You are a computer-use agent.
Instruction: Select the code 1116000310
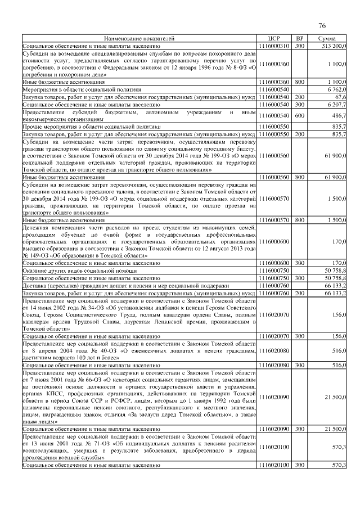coord(274,45)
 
